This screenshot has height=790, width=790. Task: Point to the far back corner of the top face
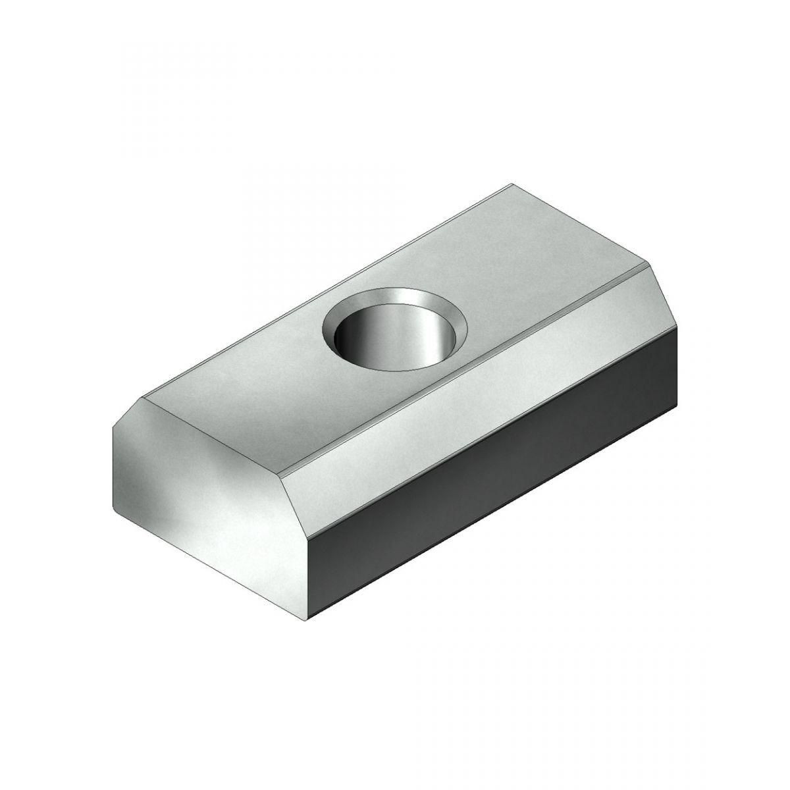click(x=510, y=185)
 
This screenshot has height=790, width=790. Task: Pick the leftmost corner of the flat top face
click(x=142, y=398)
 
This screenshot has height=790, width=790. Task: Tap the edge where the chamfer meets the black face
click(x=494, y=421)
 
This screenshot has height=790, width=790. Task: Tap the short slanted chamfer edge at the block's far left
click(x=126, y=412)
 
